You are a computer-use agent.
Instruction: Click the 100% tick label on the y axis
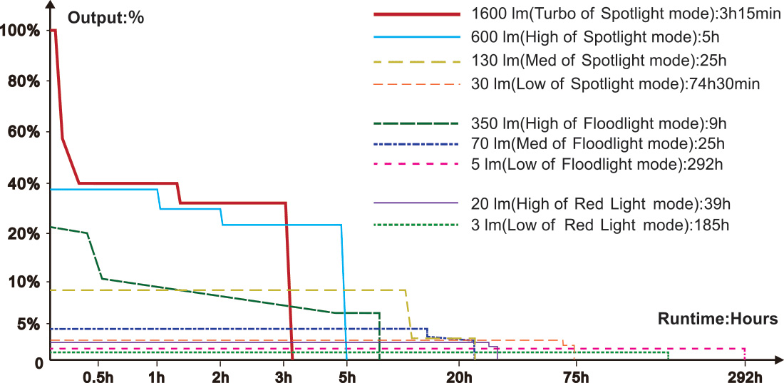21,30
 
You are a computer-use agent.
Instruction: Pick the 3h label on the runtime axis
285,377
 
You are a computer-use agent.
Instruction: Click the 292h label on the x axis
746,377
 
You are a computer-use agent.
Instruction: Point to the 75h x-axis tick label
576,377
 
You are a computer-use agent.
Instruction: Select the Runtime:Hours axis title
718,319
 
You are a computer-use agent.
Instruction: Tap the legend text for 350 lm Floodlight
599,123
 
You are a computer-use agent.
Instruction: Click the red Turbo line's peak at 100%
54,31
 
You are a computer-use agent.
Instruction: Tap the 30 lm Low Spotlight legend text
615,84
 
